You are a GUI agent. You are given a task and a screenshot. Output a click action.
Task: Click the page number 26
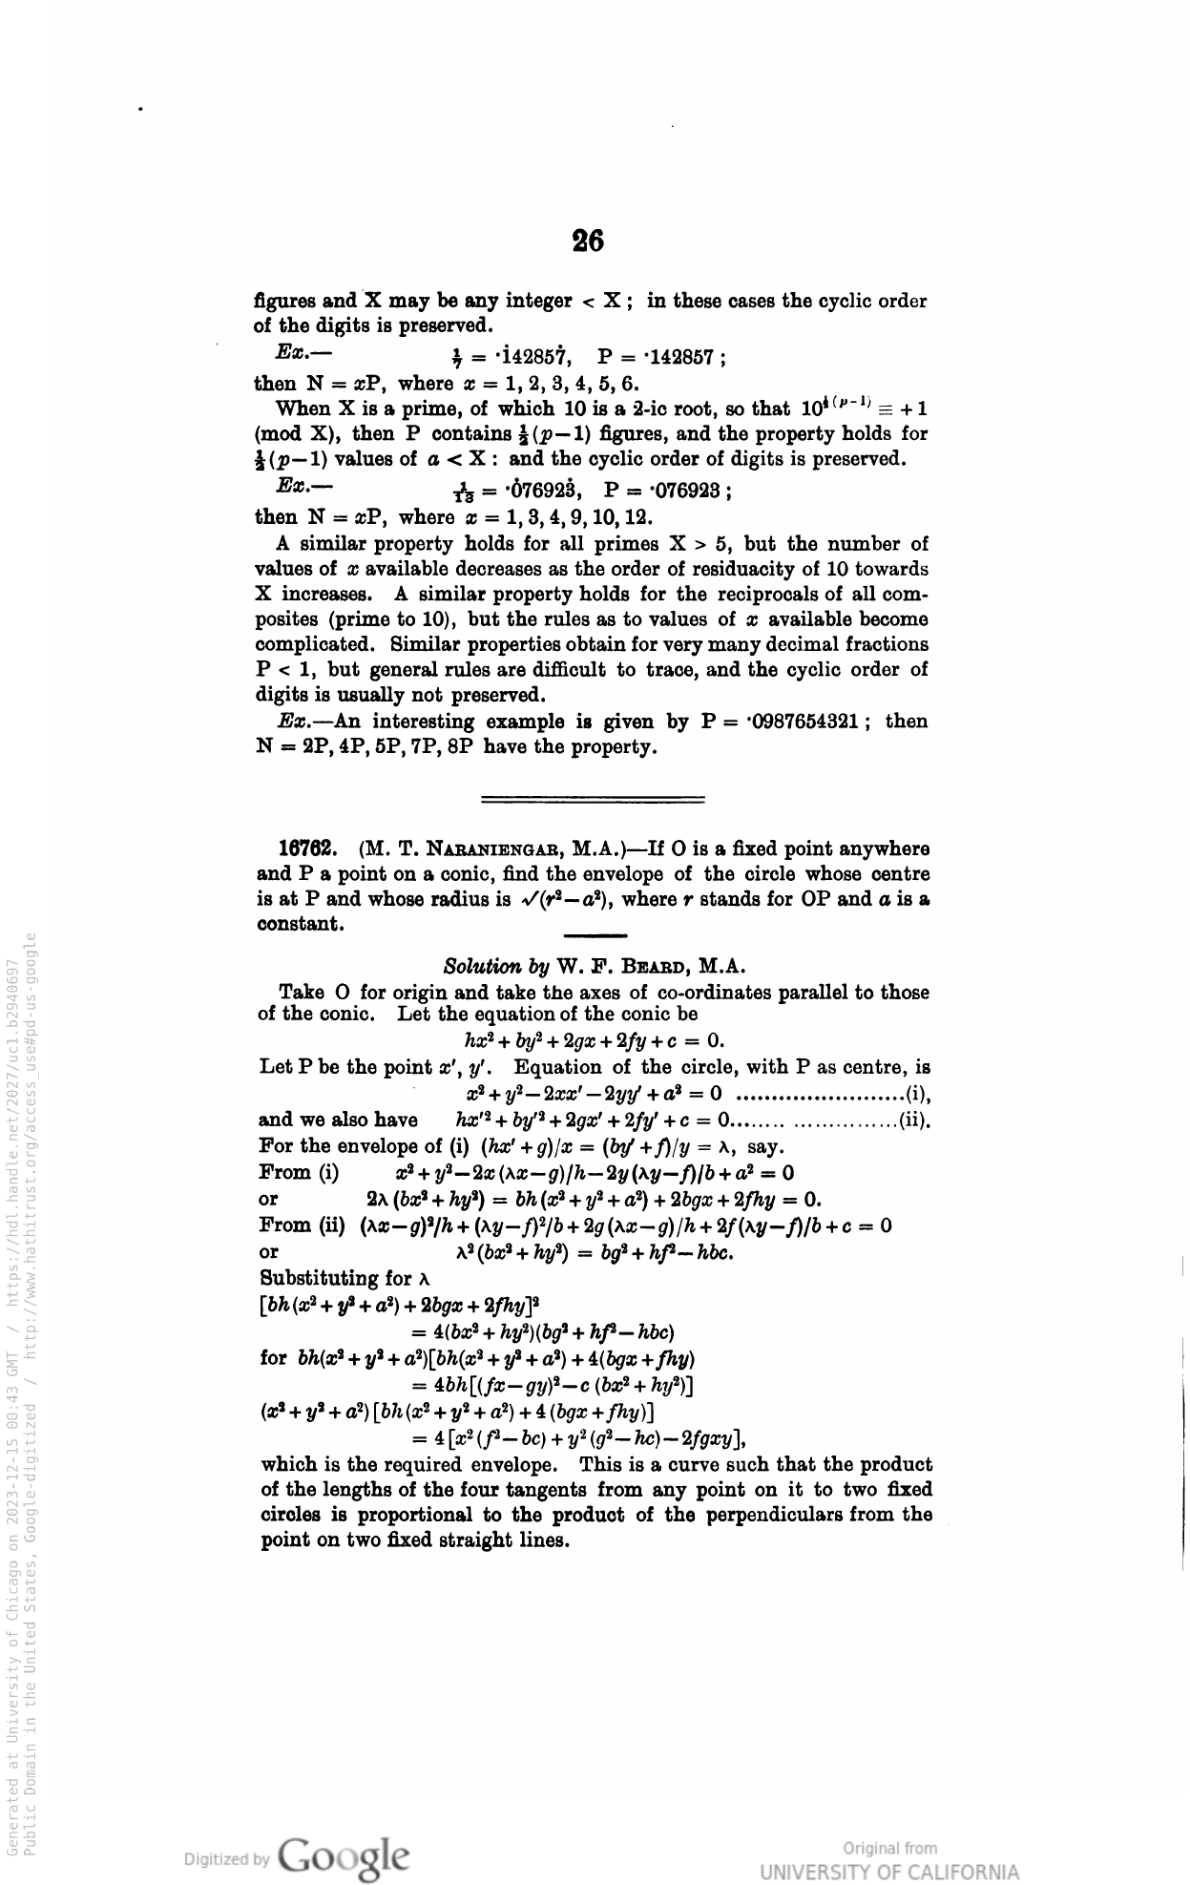[588, 241]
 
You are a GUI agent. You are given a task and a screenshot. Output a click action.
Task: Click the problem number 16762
[305, 848]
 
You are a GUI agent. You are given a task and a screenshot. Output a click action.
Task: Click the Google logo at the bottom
[347, 1856]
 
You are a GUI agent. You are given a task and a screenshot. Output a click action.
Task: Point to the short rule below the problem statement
[595, 934]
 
